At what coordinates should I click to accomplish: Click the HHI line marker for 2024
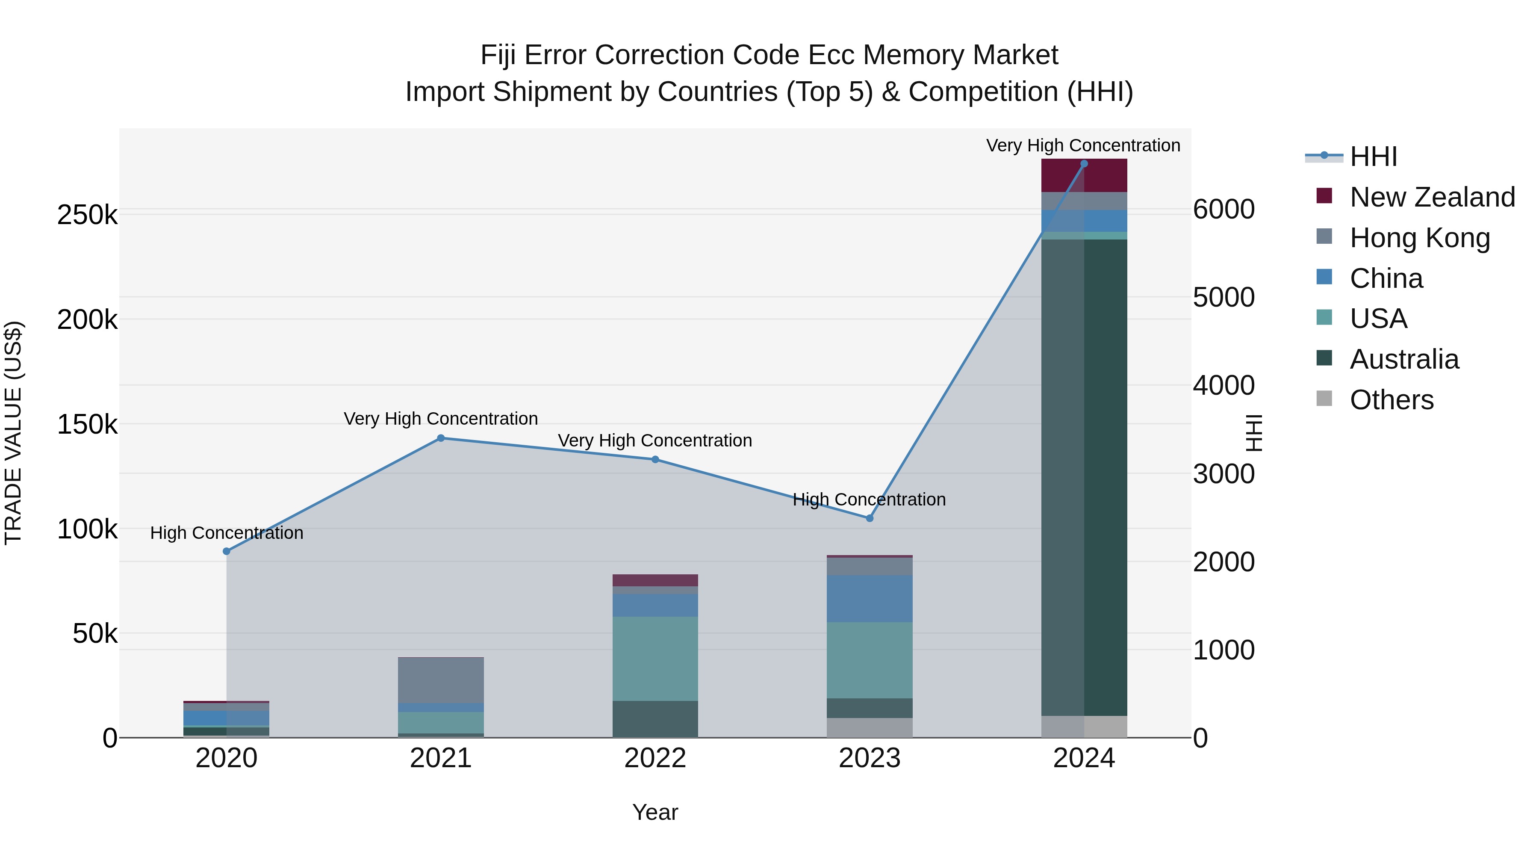pyautogui.click(x=1084, y=164)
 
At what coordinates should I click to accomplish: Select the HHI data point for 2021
pyautogui.click(x=441, y=438)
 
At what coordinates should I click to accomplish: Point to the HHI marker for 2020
pyautogui.click(x=227, y=551)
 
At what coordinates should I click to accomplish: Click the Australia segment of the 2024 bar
pyautogui.click(x=1084, y=478)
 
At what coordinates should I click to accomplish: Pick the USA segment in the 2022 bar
pyautogui.click(x=655, y=659)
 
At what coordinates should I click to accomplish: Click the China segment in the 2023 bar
pyautogui.click(x=869, y=599)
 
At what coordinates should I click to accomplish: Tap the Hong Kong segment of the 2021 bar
pyautogui.click(x=441, y=680)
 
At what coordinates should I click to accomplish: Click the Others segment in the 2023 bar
pyautogui.click(x=869, y=727)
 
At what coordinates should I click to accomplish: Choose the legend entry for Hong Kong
pyautogui.click(x=1419, y=238)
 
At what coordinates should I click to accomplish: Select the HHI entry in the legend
pyautogui.click(x=1373, y=157)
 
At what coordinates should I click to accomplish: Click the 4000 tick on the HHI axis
pyautogui.click(x=1224, y=385)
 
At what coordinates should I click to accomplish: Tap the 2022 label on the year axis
pyautogui.click(x=655, y=758)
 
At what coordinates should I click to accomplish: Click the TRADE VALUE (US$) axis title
pyautogui.click(x=14, y=433)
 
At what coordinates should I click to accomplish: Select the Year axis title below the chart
pyautogui.click(x=655, y=812)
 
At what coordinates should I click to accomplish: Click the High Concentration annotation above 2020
pyautogui.click(x=227, y=532)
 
